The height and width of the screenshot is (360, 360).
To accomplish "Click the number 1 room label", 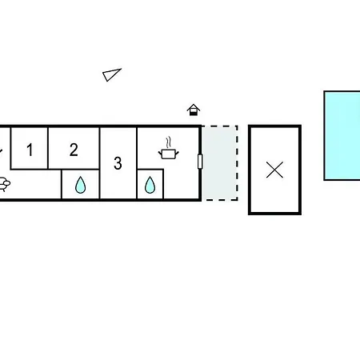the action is pyautogui.click(x=30, y=150).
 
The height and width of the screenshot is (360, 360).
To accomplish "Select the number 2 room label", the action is pyautogui.click(x=74, y=150).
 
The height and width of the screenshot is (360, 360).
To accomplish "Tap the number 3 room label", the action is pyautogui.click(x=118, y=163).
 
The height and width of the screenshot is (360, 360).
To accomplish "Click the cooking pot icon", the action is pyautogui.click(x=169, y=154).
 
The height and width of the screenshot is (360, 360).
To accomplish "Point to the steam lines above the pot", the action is pyautogui.click(x=168, y=142).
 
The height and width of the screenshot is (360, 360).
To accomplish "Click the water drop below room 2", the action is pyautogui.click(x=80, y=185).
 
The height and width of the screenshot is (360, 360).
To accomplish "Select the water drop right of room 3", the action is pyautogui.click(x=150, y=185).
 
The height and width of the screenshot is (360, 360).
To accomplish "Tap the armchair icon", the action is pyautogui.click(x=5, y=184).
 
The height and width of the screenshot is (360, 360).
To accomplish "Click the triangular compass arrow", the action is pyautogui.click(x=111, y=74).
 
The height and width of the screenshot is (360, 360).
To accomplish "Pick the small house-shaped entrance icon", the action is pyautogui.click(x=194, y=110).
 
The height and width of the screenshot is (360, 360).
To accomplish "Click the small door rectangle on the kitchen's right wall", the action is pyautogui.click(x=200, y=162).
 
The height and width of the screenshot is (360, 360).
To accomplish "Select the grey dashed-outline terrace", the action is pyautogui.click(x=220, y=162).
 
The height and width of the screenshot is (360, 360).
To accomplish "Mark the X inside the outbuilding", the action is pyautogui.click(x=274, y=170).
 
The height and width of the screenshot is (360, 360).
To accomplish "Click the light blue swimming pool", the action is pyautogui.click(x=342, y=135).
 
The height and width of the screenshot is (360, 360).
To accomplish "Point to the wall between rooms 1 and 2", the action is pyautogui.click(x=48, y=148).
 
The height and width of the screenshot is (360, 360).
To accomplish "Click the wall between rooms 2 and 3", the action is pyautogui.click(x=100, y=162).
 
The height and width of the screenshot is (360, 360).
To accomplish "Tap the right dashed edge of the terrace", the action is pyautogui.click(x=237, y=162).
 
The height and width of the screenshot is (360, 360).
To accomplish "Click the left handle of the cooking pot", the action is pyautogui.click(x=160, y=154).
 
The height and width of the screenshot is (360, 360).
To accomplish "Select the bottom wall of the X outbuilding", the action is pyautogui.click(x=274, y=213).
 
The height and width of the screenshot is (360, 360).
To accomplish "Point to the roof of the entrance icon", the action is pyautogui.click(x=194, y=107).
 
